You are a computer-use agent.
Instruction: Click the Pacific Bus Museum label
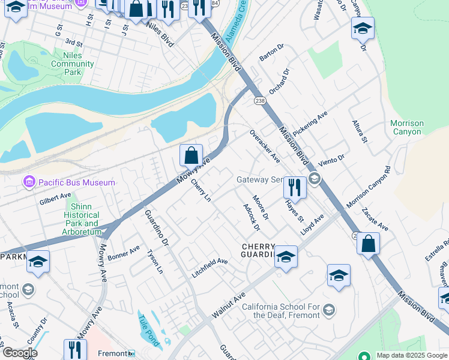pyautogui.click(x=76, y=182)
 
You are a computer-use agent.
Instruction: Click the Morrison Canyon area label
pyautogui.click(x=407, y=128)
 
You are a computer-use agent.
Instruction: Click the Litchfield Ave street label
pyautogui.click(x=210, y=262)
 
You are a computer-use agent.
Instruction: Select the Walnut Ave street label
pyautogui.click(x=228, y=306)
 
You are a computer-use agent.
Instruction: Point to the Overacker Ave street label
pyautogui.click(x=265, y=146)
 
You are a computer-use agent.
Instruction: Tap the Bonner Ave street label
pyautogui.click(x=124, y=251)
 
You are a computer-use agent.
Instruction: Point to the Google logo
pyautogui.click(x=19, y=353)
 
